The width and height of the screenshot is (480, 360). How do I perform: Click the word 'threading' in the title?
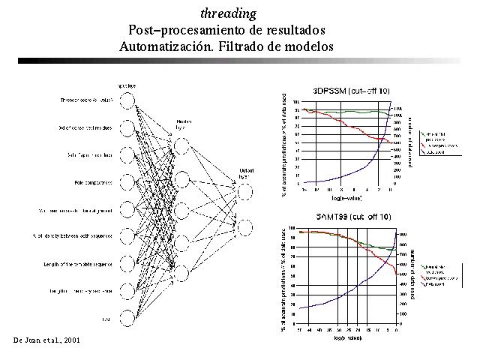pos(229,13)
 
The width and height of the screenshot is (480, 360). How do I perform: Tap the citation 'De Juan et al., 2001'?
pos(46,340)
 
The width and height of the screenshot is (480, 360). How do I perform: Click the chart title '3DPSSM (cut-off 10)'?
pos(351,91)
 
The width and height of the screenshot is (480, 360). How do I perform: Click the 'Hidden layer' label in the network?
pos(184,124)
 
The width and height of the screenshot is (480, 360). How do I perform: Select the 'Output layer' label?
pos(247,172)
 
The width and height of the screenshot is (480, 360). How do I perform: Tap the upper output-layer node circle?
pos(247,191)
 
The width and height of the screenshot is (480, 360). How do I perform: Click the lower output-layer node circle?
pos(247,226)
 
